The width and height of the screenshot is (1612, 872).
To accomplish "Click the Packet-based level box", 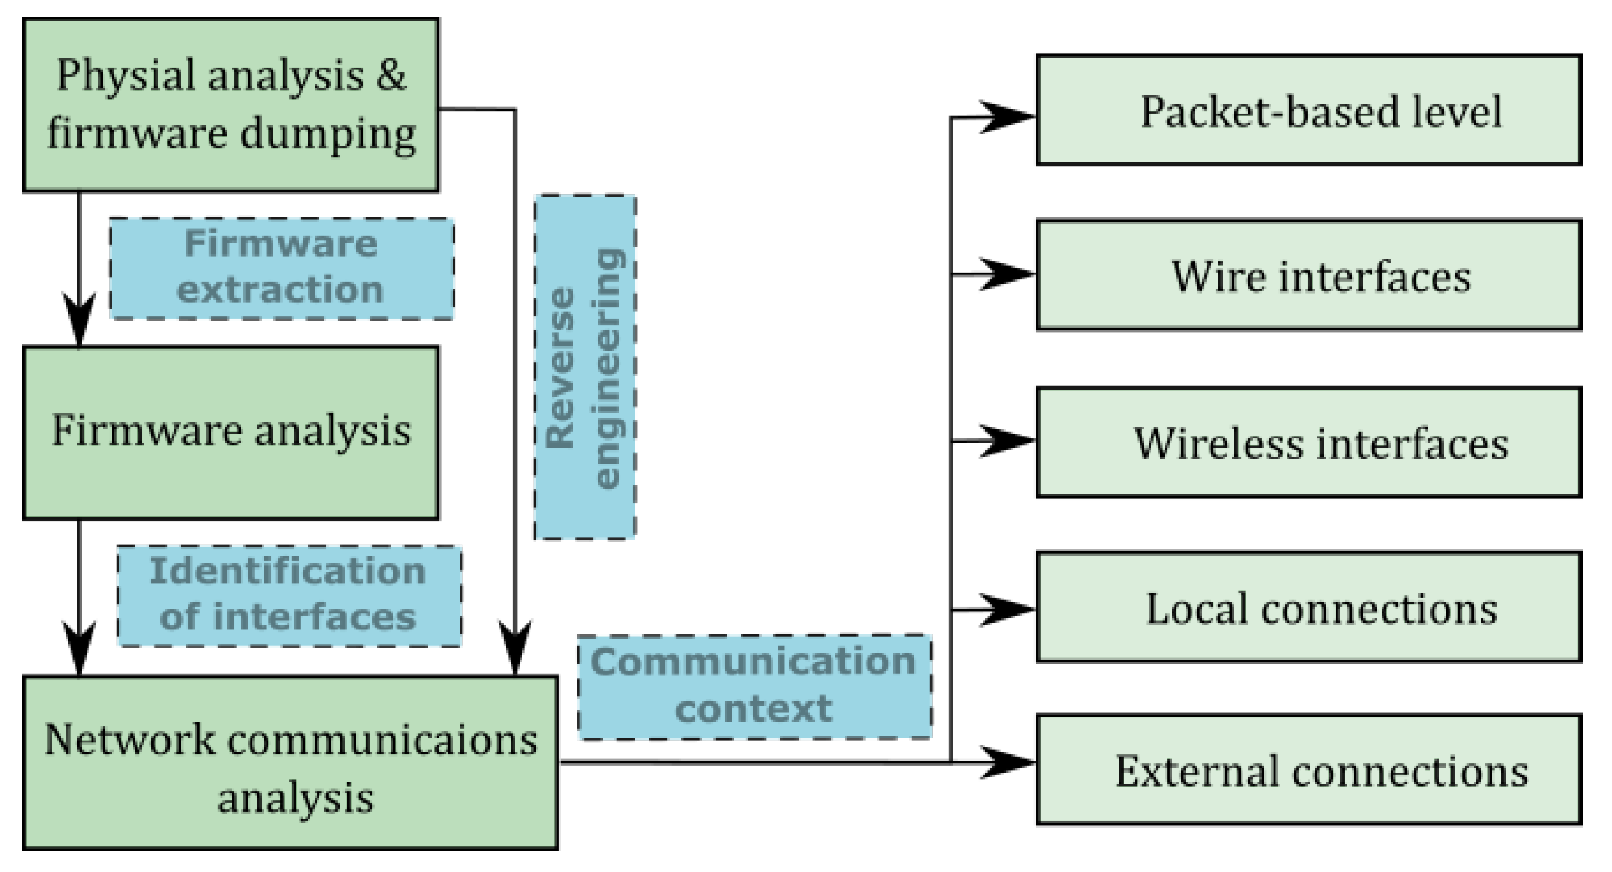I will coord(1308,110).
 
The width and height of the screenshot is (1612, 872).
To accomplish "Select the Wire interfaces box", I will coord(1308,275).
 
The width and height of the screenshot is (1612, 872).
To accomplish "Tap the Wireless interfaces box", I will coord(1308,442).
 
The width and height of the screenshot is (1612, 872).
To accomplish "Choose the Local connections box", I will coord(1308,607).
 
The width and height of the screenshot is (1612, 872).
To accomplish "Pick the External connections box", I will coord(1308,771).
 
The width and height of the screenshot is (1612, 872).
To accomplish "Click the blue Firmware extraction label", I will coord(281,268).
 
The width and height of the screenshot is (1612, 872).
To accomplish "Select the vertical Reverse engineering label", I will coord(584,367).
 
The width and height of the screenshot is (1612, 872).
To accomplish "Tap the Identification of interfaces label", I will coord(289,596).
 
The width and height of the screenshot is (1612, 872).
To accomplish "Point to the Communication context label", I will coord(754,686).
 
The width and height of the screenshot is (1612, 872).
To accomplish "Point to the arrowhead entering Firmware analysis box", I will coord(79,319).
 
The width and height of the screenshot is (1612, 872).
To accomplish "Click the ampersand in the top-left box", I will coord(391,75).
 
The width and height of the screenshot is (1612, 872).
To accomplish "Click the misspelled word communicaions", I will coord(381,741).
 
